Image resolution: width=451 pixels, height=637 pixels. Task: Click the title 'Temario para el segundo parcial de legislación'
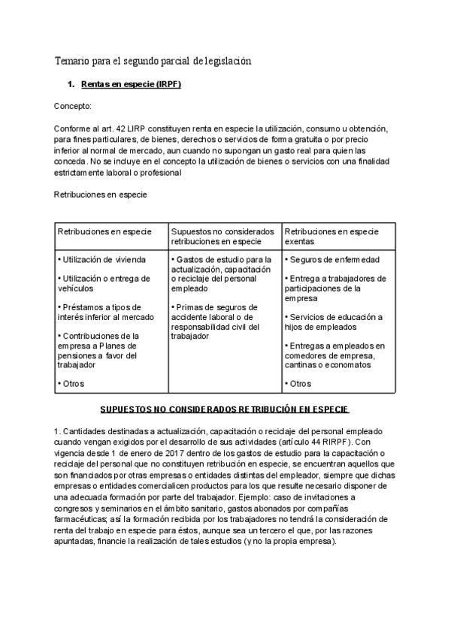[153, 60]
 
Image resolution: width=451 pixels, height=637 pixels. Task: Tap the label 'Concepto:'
[73, 107]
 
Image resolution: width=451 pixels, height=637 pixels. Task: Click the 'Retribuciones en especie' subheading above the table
[100, 195]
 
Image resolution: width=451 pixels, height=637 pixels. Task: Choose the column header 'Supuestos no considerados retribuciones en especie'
[222, 236]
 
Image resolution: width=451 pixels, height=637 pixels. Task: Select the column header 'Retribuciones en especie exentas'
[331, 236]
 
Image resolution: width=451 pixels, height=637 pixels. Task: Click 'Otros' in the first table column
[72, 383]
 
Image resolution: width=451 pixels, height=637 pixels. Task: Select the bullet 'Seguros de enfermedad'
[333, 260]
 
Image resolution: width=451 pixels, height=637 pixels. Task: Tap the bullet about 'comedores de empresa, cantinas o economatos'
[334, 355]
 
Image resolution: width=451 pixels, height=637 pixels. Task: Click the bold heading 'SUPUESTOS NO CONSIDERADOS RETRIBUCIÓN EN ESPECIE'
[225, 410]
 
